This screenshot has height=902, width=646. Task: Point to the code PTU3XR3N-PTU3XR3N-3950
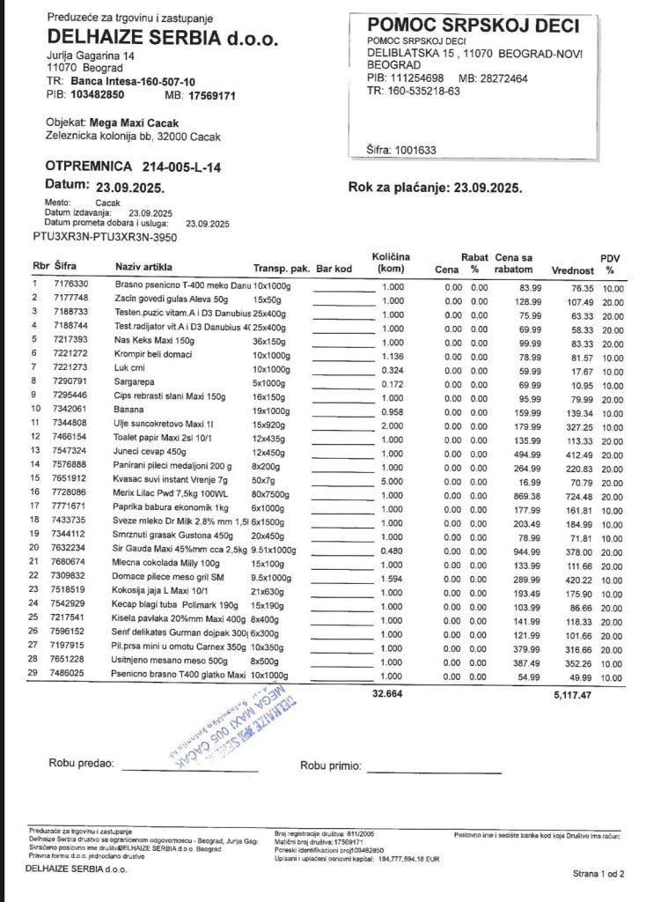(105, 237)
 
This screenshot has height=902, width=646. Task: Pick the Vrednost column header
(573, 270)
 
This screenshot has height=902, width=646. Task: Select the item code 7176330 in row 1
(71, 285)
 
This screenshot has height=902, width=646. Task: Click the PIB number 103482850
(97, 93)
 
